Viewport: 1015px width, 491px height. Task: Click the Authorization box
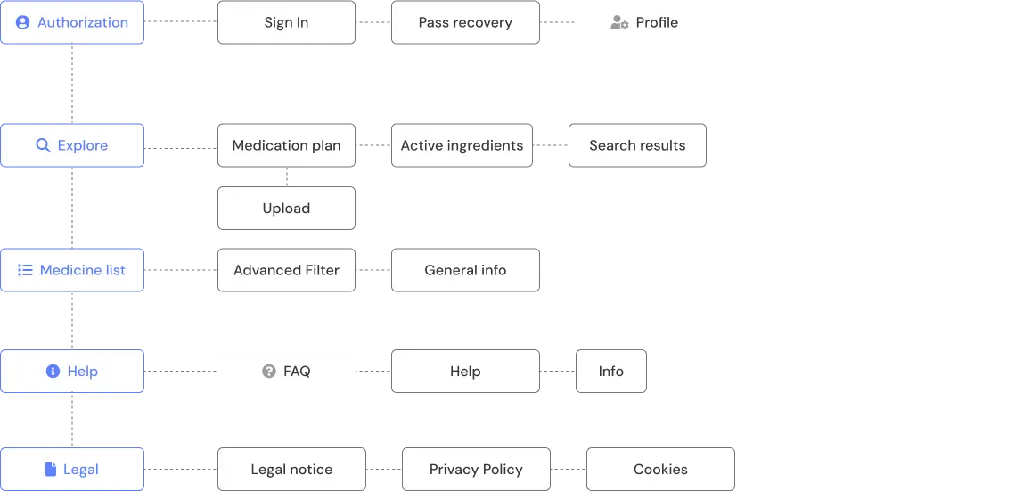pos(72,23)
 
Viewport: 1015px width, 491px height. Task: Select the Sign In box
pos(286,23)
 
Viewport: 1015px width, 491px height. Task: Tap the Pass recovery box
pos(465,23)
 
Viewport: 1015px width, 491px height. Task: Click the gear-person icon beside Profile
pos(619,23)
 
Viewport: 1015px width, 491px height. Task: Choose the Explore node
pos(72,145)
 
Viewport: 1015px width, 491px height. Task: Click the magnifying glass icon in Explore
pos(42,145)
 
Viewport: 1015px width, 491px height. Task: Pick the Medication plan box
pos(286,145)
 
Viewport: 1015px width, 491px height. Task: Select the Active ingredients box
pos(462,145)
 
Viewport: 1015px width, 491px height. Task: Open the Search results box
pos(636,145)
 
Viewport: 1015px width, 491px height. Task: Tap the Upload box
pos(286,209)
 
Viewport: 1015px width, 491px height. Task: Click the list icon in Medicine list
pos(25,270)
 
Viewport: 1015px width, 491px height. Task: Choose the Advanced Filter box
pos(286,270)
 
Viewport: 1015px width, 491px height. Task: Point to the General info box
pos(465,270)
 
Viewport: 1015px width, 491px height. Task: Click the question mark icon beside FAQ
pos(268,372)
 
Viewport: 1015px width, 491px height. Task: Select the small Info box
pos(610,372)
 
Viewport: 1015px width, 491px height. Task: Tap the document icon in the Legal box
pos(51,470)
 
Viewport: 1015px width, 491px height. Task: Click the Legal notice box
pos(291,470)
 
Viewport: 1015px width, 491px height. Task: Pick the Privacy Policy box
pos(476,470)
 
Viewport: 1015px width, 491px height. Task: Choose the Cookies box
pos(659,470)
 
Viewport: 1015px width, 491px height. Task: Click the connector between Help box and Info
pos(558,372)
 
